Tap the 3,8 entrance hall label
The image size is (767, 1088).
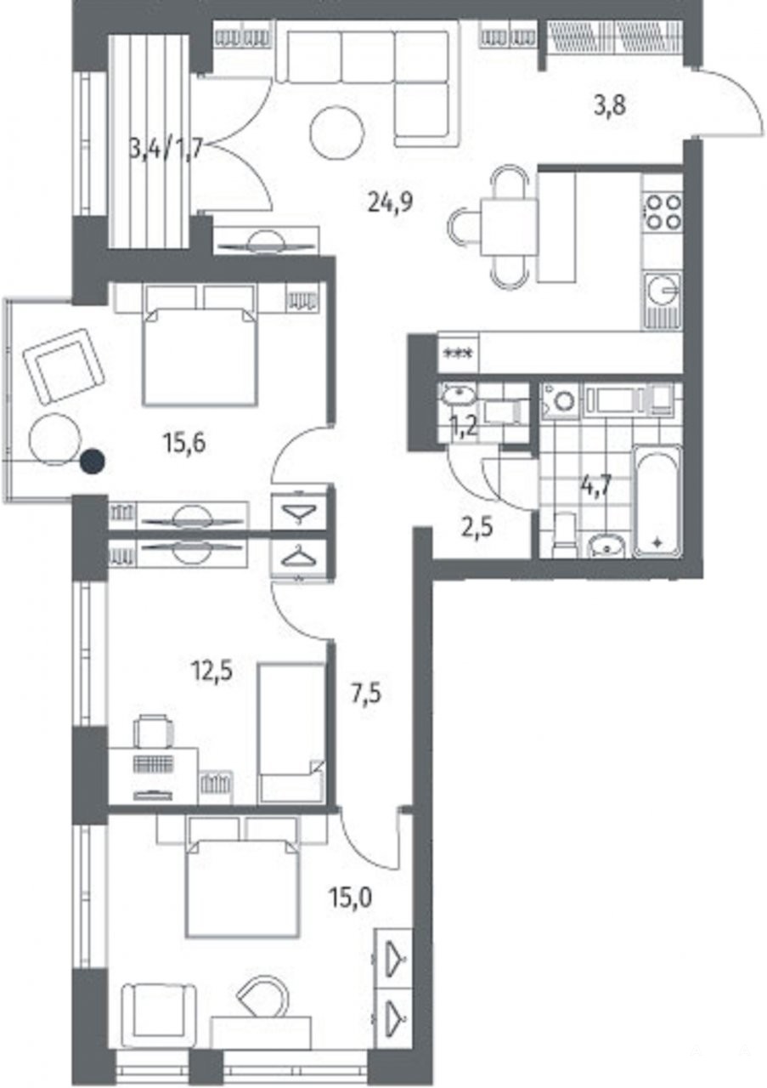(x=610, y=107)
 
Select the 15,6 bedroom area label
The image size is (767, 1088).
(x=184, y=443)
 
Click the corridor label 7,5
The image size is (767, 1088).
(x=365, y=693)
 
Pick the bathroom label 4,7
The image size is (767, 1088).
(x=595, y=484)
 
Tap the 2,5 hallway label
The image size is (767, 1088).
(x=477, y=526)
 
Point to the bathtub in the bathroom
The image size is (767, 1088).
(x=658, y=501)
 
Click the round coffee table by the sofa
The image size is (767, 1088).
(x=337, y=130)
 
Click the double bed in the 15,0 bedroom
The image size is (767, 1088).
(x=243, y=881)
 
